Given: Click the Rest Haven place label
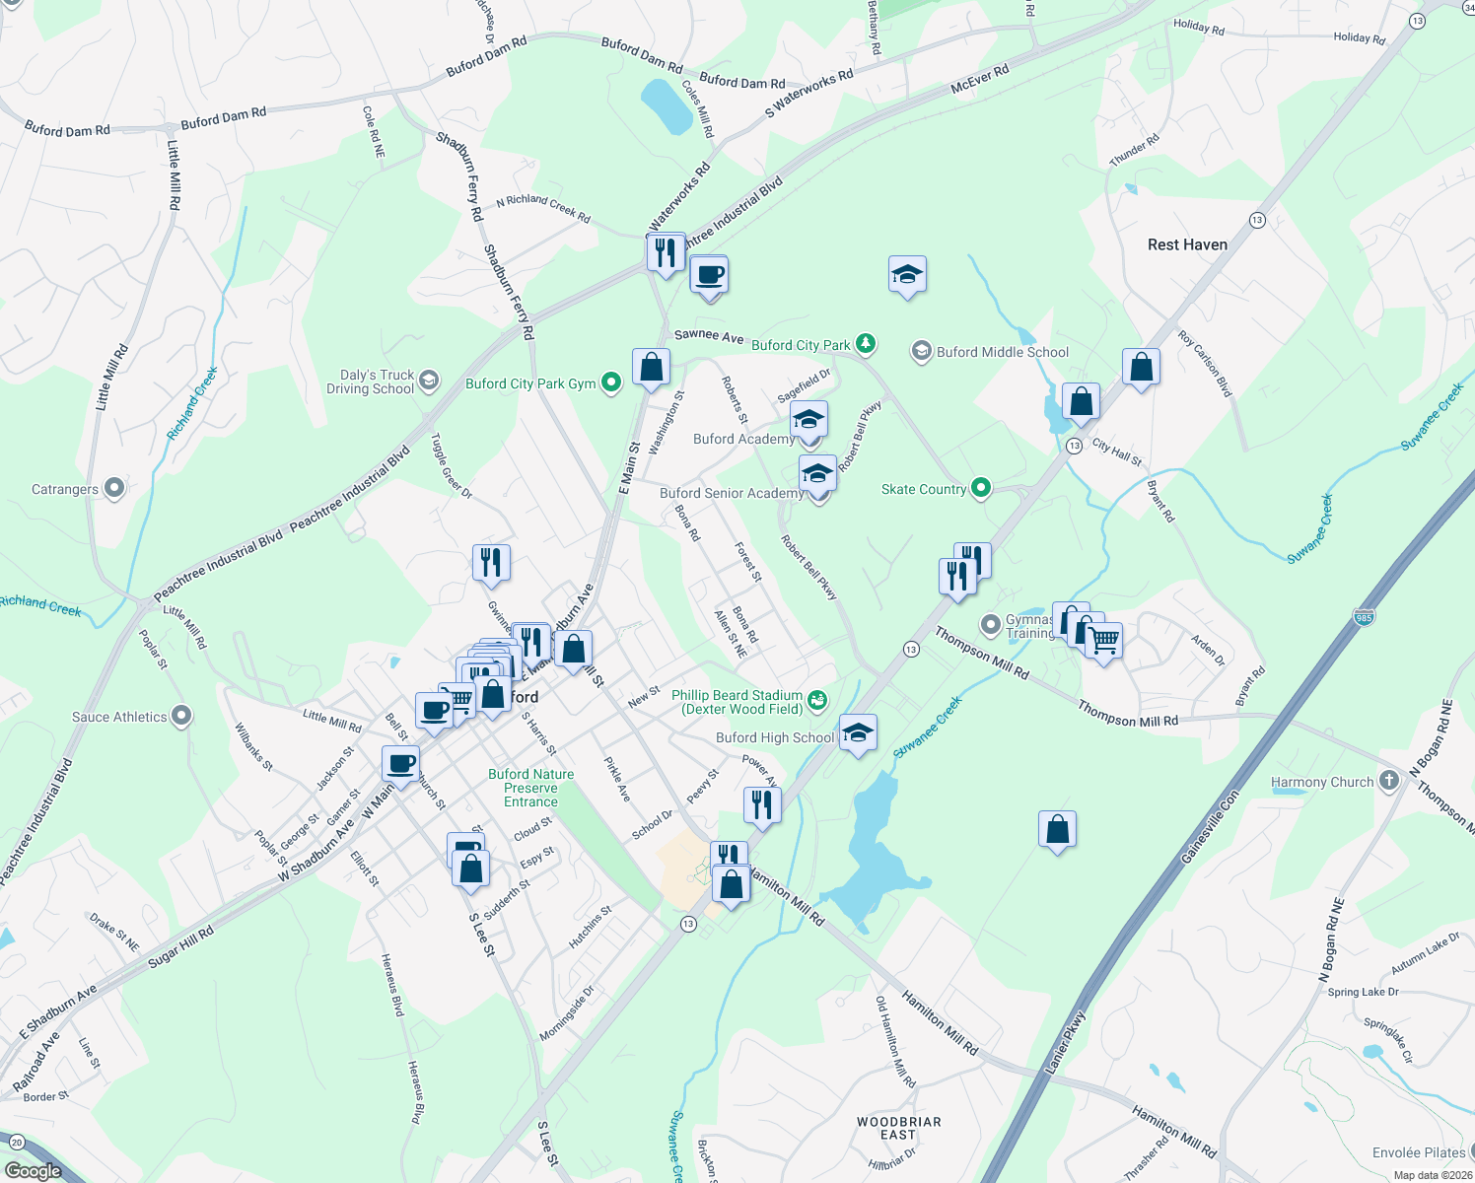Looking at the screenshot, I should click(x=1187, y=244).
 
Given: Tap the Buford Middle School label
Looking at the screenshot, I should click(x=1002, y=352).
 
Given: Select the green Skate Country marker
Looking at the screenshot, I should click(x=980, y=488).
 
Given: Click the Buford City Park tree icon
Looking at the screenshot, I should click(x=866, y=344).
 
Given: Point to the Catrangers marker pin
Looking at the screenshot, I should click(x=114, y=488).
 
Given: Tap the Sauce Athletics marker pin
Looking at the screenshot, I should click(x=181, y=716).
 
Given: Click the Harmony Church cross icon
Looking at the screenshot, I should click(x=1389, y=781).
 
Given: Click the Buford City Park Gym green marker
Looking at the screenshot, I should click(x=611, y=383).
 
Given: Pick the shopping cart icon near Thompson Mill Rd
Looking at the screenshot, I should click(x=1104, y=641).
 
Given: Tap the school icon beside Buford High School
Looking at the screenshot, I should click(x=858, y=732).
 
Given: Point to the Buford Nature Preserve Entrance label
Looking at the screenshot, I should click(x=530, y=788).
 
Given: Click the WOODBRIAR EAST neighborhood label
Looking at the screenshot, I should click(x=898, y=1128).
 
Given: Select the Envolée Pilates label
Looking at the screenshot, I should click(x=1419, y=1152).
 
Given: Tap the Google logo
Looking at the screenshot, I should click(x=33, y=1170).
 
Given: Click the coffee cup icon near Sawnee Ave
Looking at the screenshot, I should click(x=709, y=274).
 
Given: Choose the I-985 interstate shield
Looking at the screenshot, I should click(x=1364, y=617).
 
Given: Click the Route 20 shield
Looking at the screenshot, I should click(x=16, y=1143).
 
